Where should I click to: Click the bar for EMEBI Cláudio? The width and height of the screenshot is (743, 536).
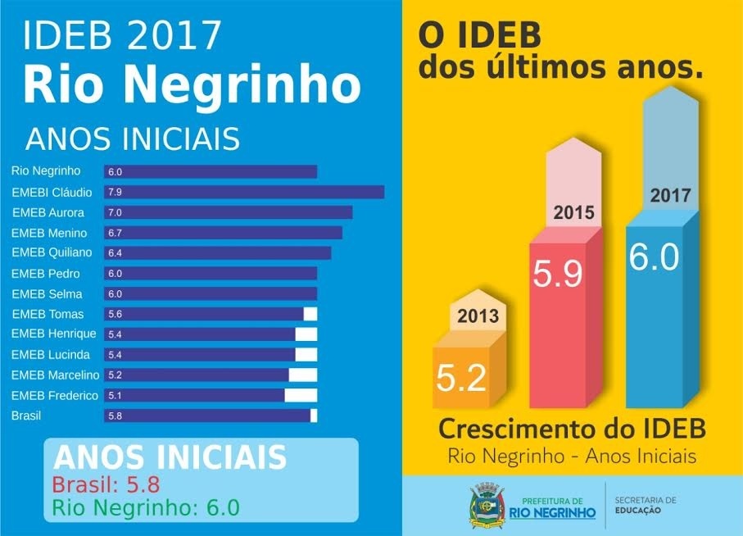[244, 192]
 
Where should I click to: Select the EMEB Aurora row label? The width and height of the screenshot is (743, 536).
[48, 212]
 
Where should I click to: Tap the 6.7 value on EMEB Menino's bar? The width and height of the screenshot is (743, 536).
[115, 233]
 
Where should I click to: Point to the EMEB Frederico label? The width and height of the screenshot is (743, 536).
[55, 396]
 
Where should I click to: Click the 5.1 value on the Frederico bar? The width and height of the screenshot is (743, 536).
[115, 396]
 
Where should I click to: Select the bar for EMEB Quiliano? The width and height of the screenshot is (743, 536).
[218, 253]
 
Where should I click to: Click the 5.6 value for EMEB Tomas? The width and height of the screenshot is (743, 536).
[115, 314]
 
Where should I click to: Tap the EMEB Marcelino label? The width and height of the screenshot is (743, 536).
[55, 375]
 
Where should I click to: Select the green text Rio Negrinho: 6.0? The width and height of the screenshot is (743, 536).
[146, 507]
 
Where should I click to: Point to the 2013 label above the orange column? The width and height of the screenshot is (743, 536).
[478, 316]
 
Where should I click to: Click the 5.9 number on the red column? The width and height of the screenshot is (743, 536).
[558, 275]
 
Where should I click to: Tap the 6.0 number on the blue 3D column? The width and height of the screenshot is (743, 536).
[654, 257]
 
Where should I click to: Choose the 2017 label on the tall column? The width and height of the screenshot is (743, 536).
[670, 196]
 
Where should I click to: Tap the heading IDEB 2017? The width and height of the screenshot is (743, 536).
[123, 35]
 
